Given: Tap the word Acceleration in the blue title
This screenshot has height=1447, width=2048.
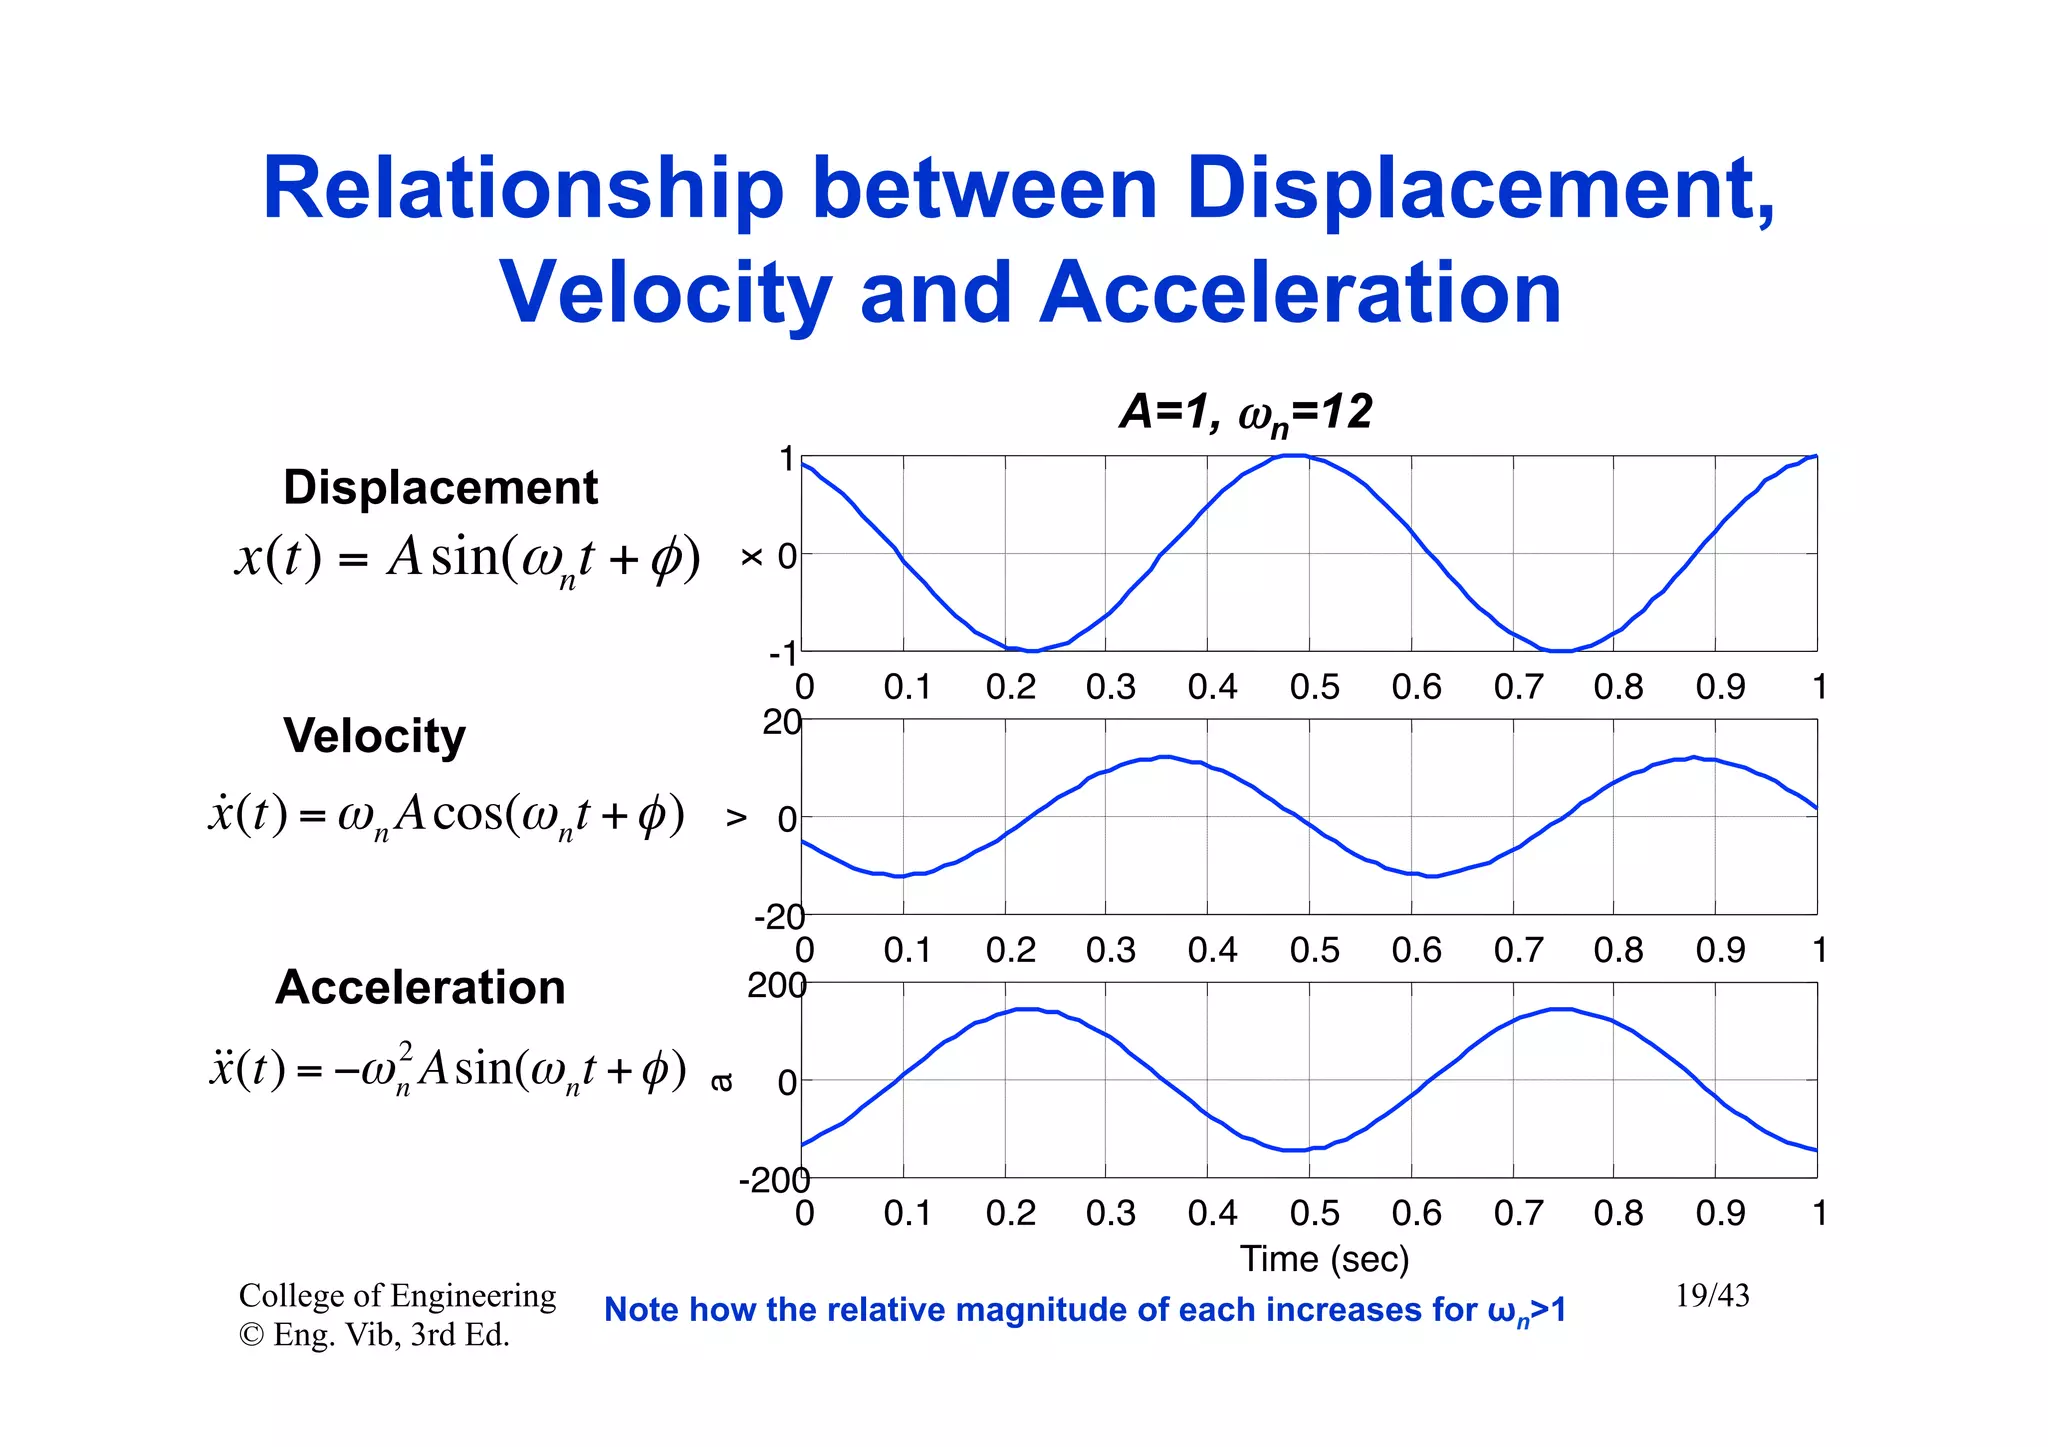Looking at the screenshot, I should click(1300, 293).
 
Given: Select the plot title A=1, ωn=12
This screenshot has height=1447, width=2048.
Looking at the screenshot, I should click(1245, 413).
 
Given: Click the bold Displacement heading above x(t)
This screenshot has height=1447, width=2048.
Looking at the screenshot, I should click(440, 488).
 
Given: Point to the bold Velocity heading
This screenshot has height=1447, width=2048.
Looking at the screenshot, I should click(374, 736).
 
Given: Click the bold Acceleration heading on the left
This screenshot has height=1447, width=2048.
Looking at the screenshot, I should click(420, 988).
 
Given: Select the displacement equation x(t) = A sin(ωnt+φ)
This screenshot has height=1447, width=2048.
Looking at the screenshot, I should click(467, 558).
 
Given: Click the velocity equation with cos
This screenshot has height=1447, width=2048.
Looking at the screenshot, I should click(446, 814).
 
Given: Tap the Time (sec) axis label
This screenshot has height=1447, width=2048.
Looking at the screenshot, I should click(1324, 1259).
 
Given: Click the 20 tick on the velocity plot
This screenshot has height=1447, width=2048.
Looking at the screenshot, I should click(781, 722).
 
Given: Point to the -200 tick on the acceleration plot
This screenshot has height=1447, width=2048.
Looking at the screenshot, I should click(773, 1181).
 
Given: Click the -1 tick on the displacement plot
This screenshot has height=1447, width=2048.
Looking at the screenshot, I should click(783, 654).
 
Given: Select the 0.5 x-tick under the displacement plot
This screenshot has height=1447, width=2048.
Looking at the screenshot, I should click(1314, 687).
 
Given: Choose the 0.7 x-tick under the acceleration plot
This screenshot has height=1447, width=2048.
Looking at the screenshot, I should click(1518, 1213).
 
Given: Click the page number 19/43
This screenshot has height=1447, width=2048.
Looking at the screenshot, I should click(1712, 1296).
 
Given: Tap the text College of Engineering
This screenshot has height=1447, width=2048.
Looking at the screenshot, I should click(397, 1296).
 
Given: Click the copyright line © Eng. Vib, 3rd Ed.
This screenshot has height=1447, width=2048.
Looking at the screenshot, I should click(374, 1335).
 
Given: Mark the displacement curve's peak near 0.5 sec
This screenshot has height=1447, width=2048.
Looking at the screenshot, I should click(1294, 456).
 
